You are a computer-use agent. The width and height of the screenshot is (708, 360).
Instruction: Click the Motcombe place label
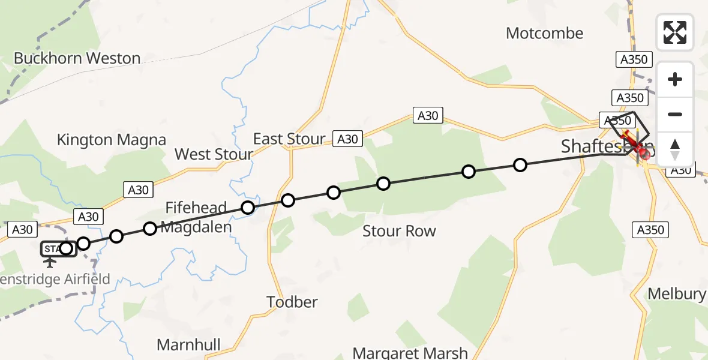click(x=544, y=33)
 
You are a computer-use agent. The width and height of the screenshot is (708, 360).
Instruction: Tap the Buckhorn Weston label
click(x=77, y=58)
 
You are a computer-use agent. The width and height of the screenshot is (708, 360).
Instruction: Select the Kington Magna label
click(x=111, y=140)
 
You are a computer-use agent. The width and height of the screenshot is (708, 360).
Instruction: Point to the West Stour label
click(x=214, y=154)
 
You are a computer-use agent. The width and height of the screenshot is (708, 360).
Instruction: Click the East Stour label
click(x=289, y=139)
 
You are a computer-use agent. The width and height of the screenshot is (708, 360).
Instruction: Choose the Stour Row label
click(x=399, y=231)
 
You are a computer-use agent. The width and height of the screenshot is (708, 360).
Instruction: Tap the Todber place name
click(x=292, y=302)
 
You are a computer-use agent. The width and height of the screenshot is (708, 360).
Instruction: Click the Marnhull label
click(x=188, y=345)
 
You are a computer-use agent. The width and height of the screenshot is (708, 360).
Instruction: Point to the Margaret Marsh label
click(x=410, y=353)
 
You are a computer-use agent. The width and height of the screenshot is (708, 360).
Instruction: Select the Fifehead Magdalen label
click(x=196, y=218)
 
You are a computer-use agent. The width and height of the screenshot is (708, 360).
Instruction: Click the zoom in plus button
click(x=675, y=79)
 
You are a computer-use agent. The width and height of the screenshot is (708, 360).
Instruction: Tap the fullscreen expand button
click(x=675, y=32)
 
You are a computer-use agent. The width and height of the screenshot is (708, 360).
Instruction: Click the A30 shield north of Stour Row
click(x=428, y=116)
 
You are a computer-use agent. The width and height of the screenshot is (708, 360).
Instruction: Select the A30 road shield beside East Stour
click(x=347, y=139)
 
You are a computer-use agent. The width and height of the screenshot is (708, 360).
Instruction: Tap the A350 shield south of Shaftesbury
click(x=650, y=230)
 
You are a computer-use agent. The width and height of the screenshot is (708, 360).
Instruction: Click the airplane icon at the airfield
click(x=50, y=262)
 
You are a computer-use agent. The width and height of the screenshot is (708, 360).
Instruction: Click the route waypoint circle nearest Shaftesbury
click(x=520, y=164)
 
